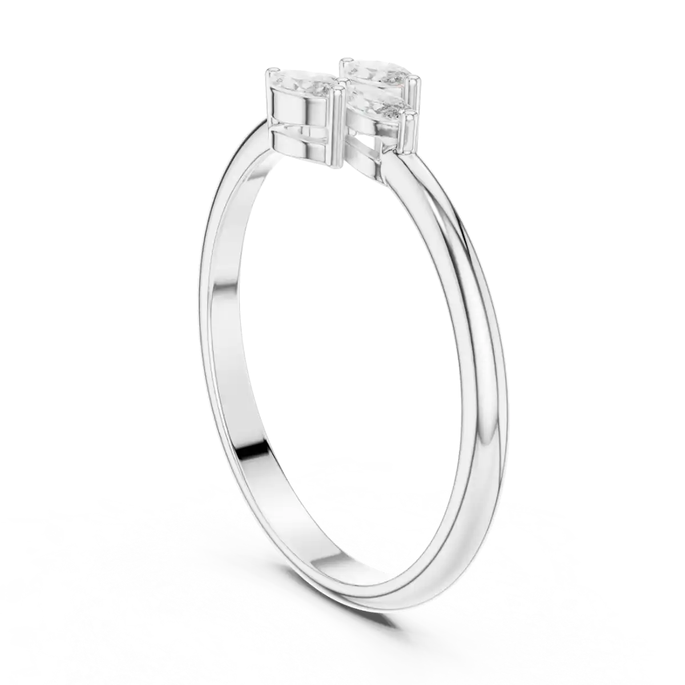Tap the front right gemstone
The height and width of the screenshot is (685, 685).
point(377,104)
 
